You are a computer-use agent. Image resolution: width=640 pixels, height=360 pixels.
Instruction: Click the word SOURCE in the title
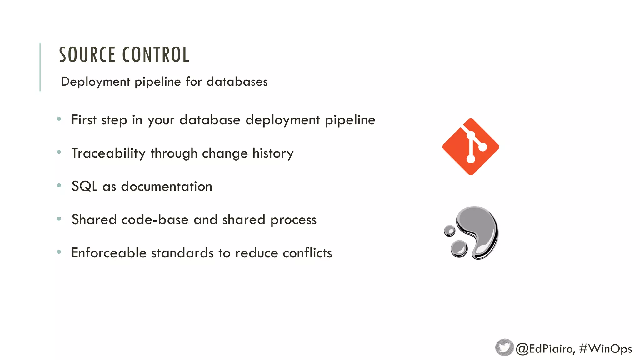(x=87, y=55)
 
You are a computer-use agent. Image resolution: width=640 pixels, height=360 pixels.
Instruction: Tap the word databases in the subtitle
(x=237, y=82)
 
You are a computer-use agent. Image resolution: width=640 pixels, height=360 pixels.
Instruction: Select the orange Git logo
(x=471, y=147)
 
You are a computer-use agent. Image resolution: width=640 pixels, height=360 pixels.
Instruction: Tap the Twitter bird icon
(x=504, y=347)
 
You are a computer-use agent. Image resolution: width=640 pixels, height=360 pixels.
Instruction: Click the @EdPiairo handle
(x=545, y=349)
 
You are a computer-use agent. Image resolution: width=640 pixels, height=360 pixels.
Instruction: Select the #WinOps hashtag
(x=605, y=349)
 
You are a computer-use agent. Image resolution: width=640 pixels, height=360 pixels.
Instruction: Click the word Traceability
(x=108, y=153)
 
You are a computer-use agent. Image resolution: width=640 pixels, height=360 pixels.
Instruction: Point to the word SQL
(x=84, y=187)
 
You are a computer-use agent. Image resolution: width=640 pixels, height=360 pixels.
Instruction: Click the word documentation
(x=167, y=187)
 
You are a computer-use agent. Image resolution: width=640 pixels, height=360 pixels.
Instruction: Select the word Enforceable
(x=109, y=253)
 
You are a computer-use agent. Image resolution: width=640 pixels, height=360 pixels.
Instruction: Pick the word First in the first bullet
(x=84, y=120)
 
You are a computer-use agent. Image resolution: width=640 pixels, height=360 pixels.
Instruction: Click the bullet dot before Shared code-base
(x=59, y=219)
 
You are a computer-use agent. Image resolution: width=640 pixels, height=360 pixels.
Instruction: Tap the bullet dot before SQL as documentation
(x=59, y=185)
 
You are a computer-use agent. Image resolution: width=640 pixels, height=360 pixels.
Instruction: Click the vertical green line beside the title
(x=40, y=67)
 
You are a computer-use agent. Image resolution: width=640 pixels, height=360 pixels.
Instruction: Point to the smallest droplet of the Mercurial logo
(x=450, y=231)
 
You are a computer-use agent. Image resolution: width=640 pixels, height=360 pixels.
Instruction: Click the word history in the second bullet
(x=273, y=153)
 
